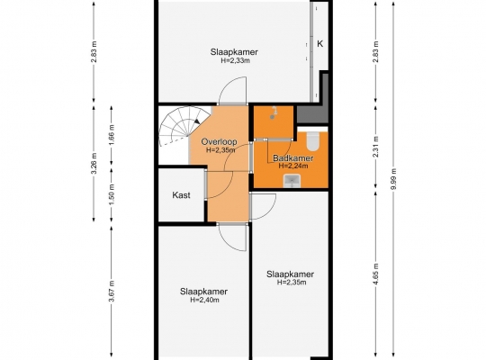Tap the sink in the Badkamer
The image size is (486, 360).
click(292, 181)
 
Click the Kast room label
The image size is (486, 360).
click(181, 195)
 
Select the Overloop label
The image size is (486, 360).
click(219, 141)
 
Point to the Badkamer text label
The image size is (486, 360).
click(292, 158)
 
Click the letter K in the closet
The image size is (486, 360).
click(319, 44)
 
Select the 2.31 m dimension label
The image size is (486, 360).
click(376, 147)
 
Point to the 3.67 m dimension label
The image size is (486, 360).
click(112, 291)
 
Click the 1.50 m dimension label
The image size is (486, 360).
click(112, 194)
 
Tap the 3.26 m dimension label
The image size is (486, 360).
click(94, 163)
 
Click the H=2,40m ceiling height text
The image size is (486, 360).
click(204, 300)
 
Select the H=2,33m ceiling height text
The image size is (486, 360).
click(235, 60)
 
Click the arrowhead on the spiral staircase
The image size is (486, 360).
click(197, 121)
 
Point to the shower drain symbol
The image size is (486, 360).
click(272, 117)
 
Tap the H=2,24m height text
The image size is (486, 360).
click(292, 166)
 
